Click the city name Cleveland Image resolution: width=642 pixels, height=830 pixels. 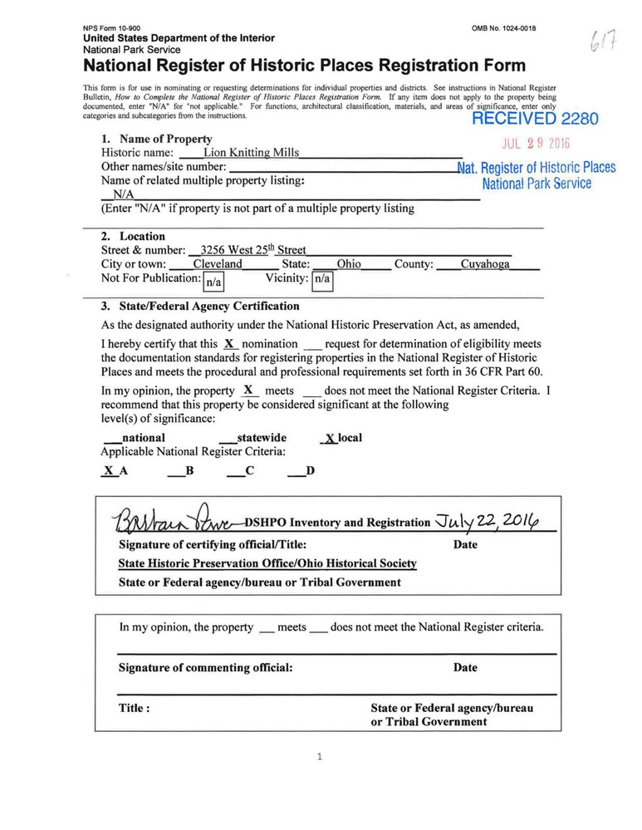223,264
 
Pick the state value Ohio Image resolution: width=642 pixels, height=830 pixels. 349,264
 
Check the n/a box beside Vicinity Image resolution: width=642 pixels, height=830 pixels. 321,281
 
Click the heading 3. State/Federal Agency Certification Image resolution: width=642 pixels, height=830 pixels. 199,306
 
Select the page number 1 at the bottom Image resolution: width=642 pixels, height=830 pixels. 321,756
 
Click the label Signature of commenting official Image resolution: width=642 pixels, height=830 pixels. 205,667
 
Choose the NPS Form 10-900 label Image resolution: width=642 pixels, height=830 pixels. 112,28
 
